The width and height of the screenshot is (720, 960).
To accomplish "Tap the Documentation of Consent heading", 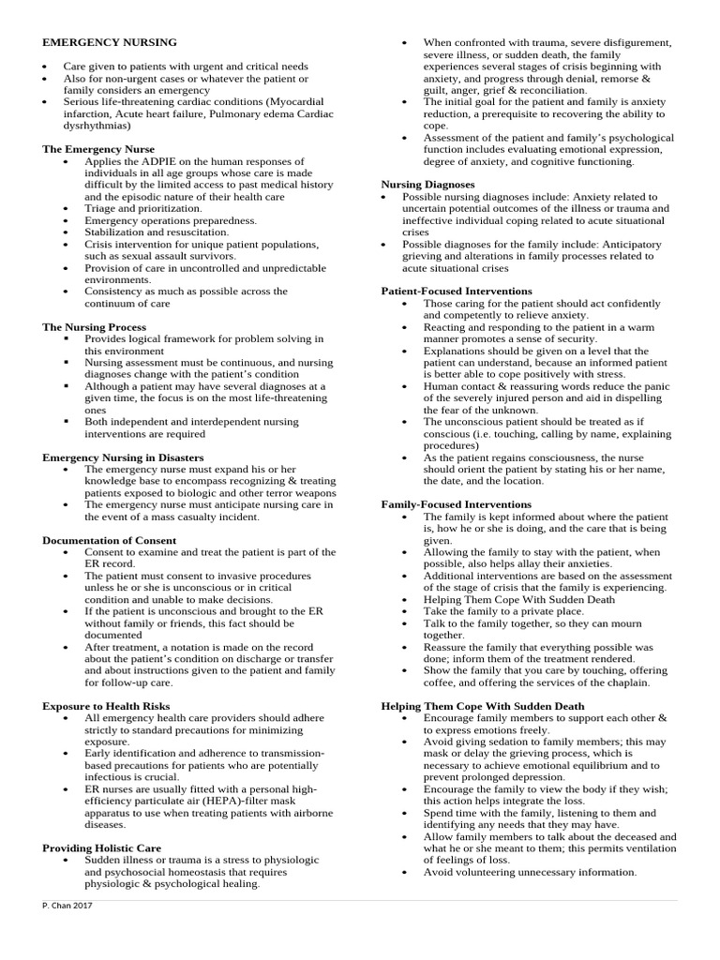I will (109, 541).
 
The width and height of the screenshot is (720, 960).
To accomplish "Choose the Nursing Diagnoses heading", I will (427, 185).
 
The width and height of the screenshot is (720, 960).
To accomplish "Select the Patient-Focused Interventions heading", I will (457, 292).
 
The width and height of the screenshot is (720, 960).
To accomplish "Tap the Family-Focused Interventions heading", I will (456, 505).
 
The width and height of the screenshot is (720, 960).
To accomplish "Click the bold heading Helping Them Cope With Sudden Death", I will (482, 706).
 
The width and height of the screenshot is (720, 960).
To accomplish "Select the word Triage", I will (100, 209).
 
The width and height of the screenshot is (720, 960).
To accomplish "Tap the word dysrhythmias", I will (97, 125).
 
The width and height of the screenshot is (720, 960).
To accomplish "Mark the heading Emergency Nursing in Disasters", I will (123, 457).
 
